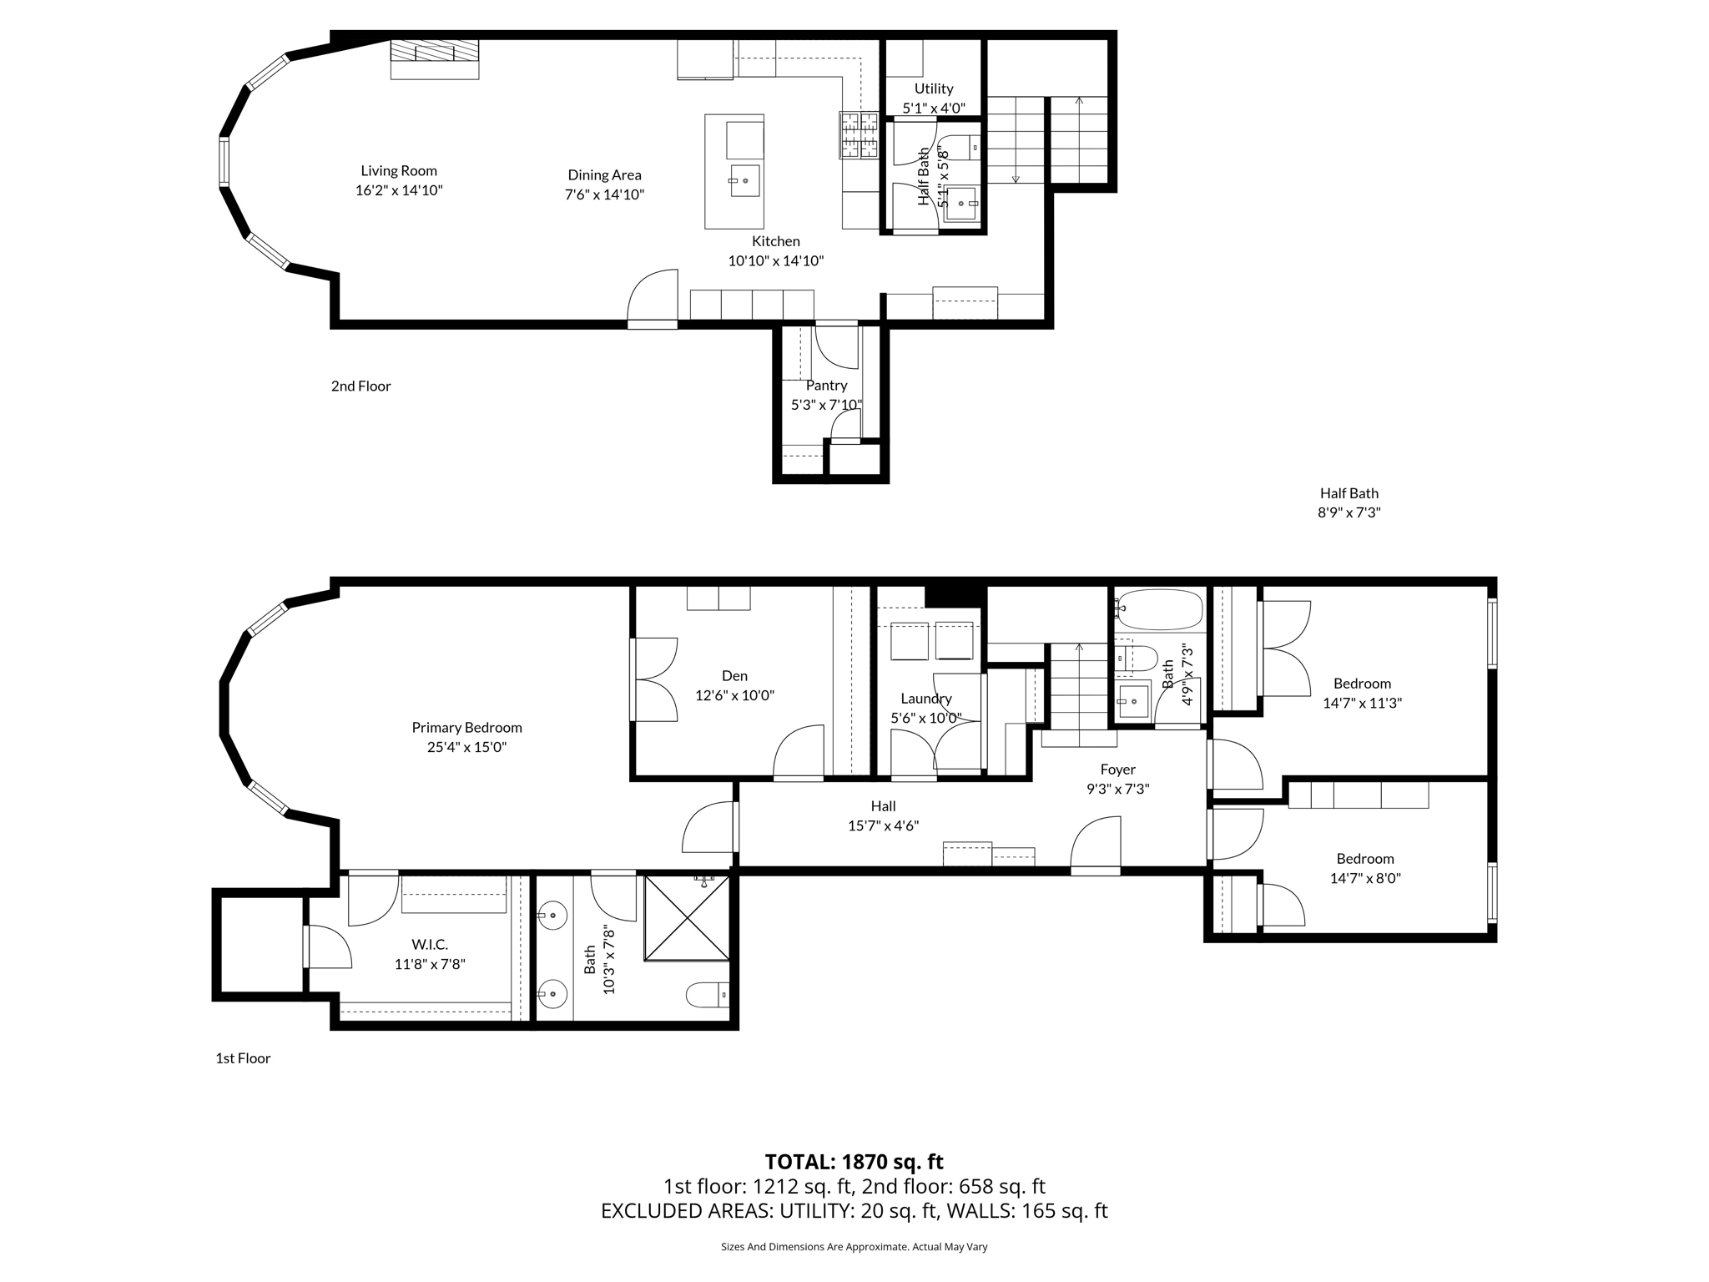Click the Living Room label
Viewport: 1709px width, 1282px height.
(x=398, y=171)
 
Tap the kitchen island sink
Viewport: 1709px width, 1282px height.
(x=744, y=181)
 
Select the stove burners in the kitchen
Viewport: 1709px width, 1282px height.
(x=859, y=135)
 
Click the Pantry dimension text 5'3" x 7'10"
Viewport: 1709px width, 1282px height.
(x=826, y=405)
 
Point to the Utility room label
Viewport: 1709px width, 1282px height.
(x=933, y=88)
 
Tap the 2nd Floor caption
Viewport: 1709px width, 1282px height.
(x=360, y=386)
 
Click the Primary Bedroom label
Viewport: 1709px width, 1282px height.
(x=466, y=728)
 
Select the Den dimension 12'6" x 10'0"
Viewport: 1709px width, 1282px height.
(x=734, y=695)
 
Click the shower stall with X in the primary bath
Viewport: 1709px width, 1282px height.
(x=687, y=916)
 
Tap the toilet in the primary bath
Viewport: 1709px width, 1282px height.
(x=707, y=995)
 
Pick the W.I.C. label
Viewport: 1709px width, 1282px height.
(x=430, y=945)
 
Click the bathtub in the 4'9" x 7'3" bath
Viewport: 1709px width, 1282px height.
(x=1159, y=610)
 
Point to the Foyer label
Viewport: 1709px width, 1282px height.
(x=1117, y=770)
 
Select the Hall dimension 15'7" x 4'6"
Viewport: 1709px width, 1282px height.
(x=883, y=826)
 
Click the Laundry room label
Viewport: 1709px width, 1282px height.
(x=925, y=699)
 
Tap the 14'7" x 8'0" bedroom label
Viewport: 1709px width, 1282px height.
(x=1364, y=859)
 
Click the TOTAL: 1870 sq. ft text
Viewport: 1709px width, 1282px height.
(x=854, y=1162)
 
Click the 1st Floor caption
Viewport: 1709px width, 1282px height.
(x=243, y=1058)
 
